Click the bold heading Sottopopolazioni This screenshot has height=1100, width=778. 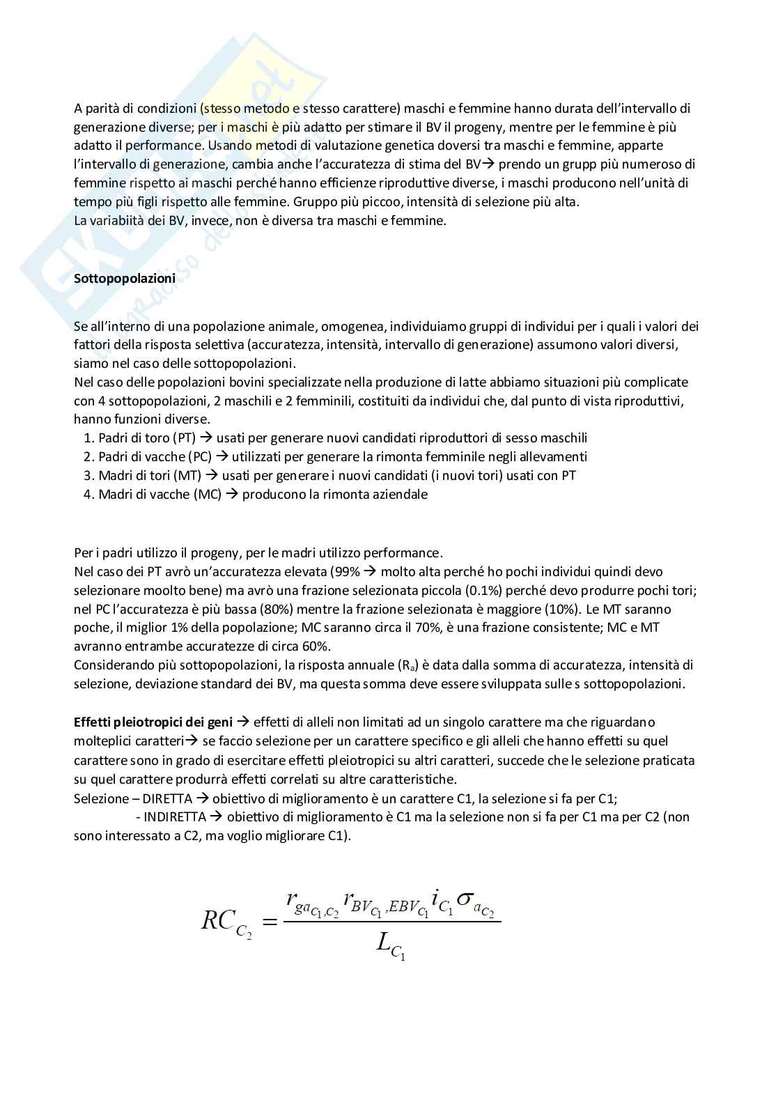click(x=124, y=278)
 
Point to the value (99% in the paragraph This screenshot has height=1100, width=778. click(x=343, y=572)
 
